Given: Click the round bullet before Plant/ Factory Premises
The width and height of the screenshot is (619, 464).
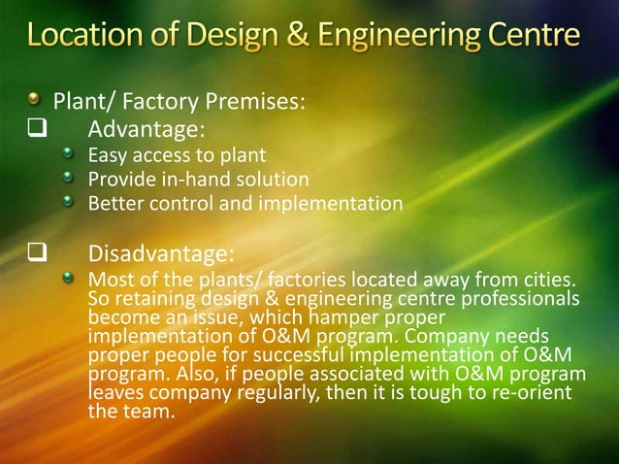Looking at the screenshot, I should [x=35, y=99].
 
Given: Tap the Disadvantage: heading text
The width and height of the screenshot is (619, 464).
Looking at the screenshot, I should [x=161, y=255].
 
